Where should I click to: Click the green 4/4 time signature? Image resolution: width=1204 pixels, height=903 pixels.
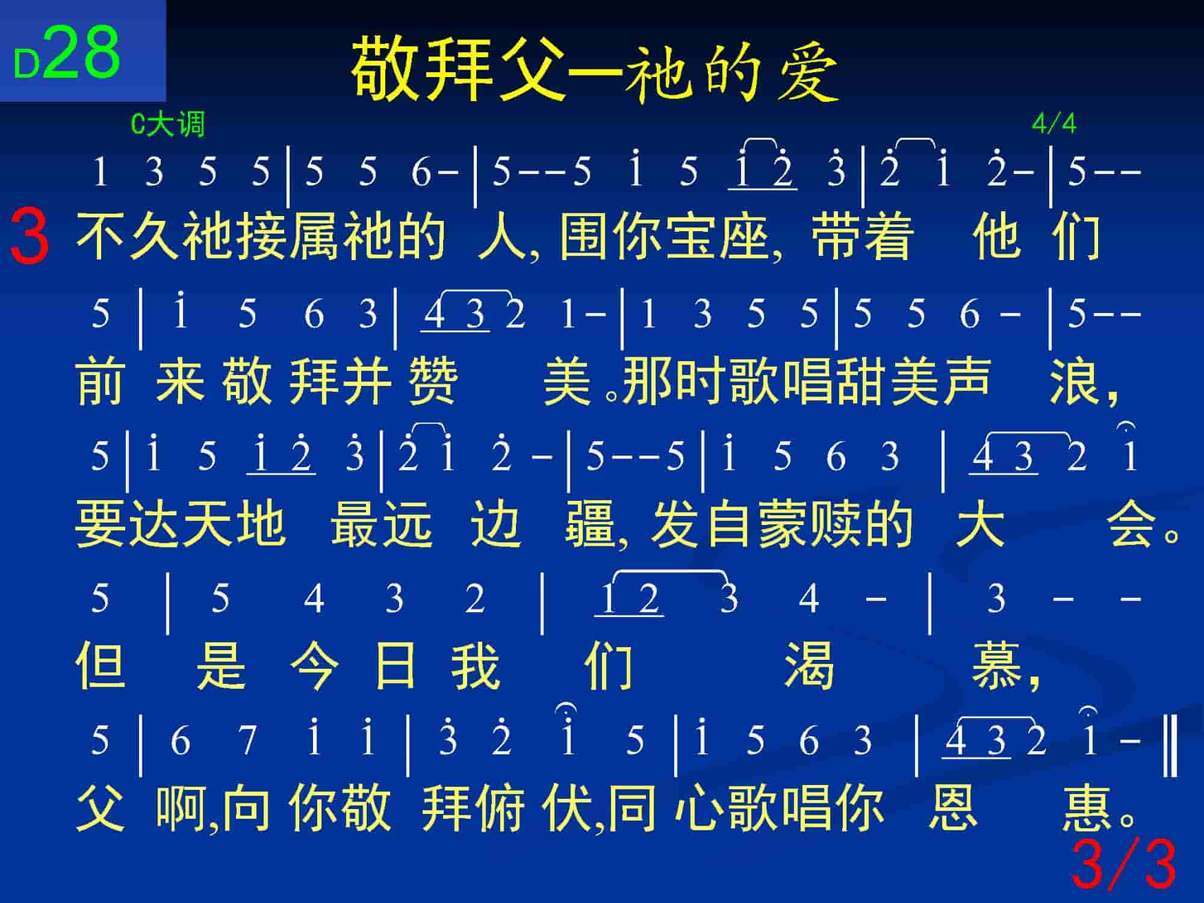coord(1053,123)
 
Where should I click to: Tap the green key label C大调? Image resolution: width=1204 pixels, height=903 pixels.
coord(168,125)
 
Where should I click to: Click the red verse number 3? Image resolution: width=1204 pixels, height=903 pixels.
coord(29,236)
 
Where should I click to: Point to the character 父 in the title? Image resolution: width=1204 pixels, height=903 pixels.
coord(530,67)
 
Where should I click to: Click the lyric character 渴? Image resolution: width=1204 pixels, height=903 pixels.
coord(809,665)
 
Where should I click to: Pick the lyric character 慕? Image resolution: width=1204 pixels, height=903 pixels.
coord(997,665)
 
